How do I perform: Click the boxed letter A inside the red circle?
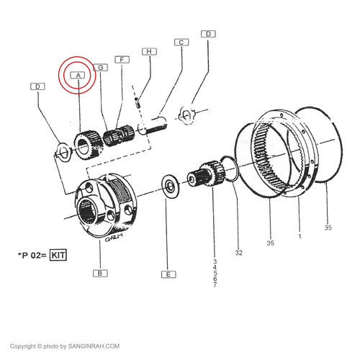click(x=78, y=76)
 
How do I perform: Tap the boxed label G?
click(x=100, y=68)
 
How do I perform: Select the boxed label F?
click(x=122, y=60)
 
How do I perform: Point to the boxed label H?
click(x=149, y=52)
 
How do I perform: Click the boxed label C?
click(x=181, y=42)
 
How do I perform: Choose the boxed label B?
click(x=100, y=273)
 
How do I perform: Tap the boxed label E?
click(x=168, y=274)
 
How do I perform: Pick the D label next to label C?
click(x=208, y=34)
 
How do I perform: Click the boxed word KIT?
click(x=58, y=255)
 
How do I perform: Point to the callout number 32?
click(x=238, y=253)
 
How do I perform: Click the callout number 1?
click(x=300, y=236)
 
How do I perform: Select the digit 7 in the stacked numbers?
click(x=215, y=284)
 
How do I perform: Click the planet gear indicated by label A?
click(x=88, y=145)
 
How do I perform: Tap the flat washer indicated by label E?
click(x=171, y=186)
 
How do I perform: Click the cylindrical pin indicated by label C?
click(x=153, y=125)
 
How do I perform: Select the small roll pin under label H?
click(x=138, y=102)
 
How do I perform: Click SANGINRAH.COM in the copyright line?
click(x=94, y=346)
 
